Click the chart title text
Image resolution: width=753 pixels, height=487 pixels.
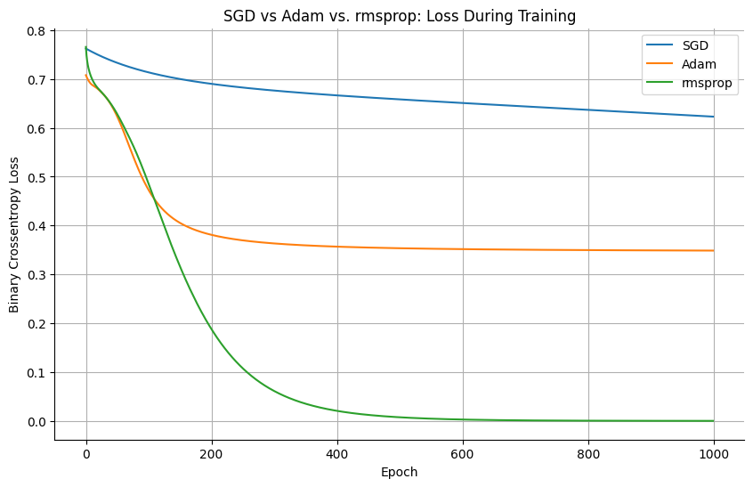(399, 15)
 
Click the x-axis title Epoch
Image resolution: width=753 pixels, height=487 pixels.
(399, 472)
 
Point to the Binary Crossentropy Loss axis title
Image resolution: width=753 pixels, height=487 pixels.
(14, 236)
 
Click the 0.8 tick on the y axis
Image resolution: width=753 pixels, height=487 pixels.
(36, 31)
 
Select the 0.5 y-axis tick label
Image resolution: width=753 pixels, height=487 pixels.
(36, 177)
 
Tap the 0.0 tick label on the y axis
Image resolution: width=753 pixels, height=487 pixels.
(36, 421)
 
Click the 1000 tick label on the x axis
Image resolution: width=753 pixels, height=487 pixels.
(714, 455)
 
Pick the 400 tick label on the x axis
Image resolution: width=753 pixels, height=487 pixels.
(337, 455)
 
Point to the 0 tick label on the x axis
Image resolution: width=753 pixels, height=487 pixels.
(86, 455)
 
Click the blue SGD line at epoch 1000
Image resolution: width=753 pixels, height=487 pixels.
(713, 117)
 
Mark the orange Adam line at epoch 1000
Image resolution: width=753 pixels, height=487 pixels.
(713, 250)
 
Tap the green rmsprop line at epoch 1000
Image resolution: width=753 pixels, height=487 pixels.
(713, 420)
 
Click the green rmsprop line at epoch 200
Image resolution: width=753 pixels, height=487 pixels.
(212, 331)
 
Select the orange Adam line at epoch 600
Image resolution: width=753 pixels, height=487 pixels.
(463, 248)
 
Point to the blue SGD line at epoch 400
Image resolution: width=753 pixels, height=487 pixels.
(337, 95)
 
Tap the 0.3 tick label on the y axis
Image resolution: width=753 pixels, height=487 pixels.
(36, 274)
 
